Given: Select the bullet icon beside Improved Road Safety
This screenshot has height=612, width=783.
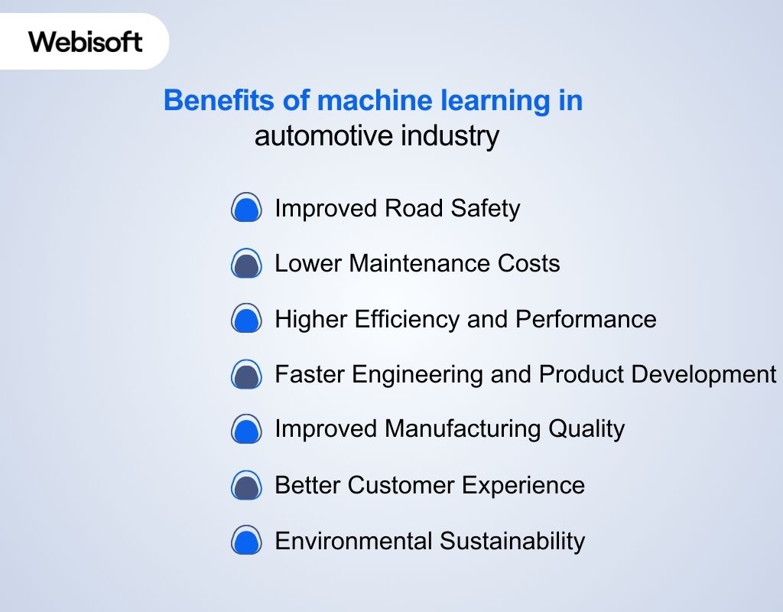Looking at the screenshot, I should (x=246, y=208).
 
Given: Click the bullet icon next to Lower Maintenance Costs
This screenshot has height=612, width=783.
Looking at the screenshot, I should (x=246, y=264).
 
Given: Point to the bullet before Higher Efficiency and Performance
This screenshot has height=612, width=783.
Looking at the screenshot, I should (x=246, y=319).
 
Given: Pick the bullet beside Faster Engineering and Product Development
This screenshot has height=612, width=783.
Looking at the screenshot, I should (x=246, y=374).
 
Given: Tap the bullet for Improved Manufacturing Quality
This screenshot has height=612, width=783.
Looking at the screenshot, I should (x=246, y=429).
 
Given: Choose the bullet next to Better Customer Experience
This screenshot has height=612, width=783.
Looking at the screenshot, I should (x=246, y=485).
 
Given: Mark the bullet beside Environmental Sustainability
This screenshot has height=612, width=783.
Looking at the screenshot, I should (x=246, y=541).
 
